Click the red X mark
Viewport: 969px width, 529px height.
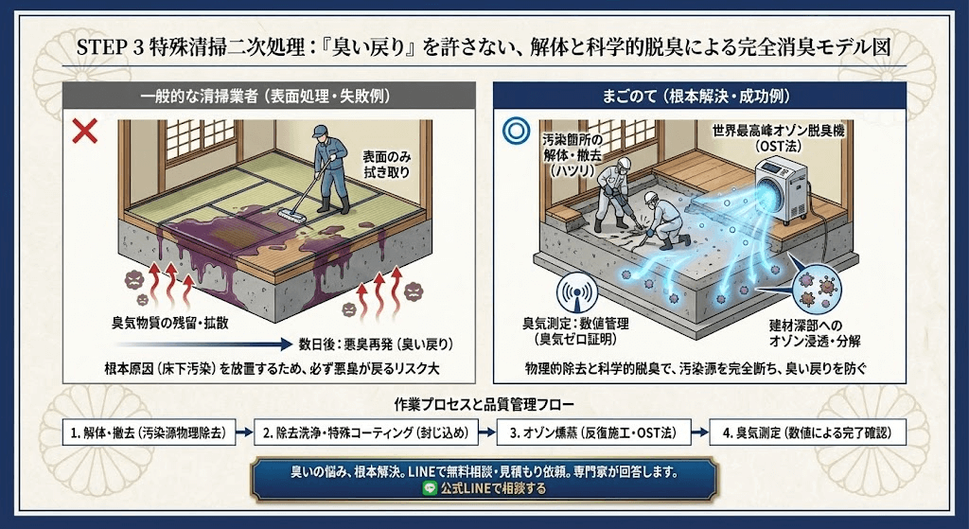[85, 132]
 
